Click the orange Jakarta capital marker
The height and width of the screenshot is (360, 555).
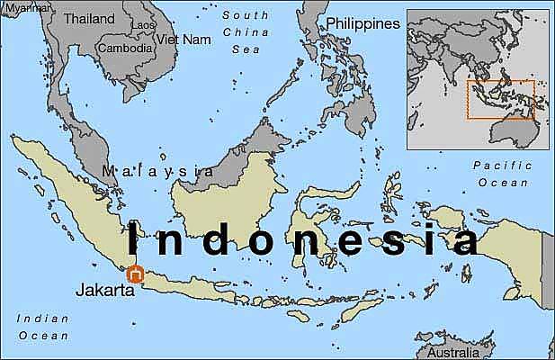click(136, 274)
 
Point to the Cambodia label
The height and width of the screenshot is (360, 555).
click(125, 49)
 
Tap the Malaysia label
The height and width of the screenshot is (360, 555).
click(158, 171)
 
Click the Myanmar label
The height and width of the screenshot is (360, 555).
click(23, 5)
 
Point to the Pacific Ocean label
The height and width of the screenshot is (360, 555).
click(503, 174)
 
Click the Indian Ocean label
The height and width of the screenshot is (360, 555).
click(43, 327)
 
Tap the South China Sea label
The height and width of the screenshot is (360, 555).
click(246, 33)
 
